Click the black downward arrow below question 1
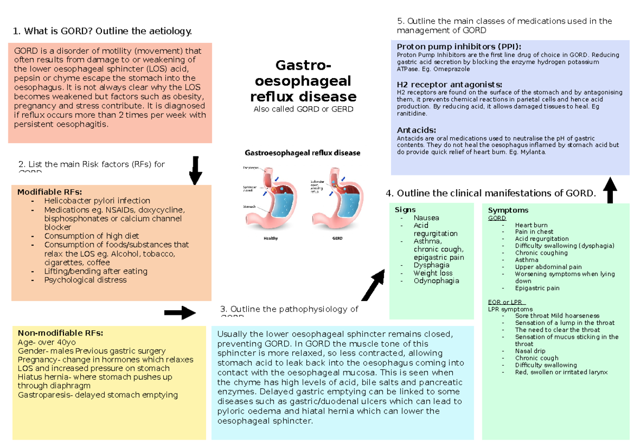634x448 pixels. point(195,170)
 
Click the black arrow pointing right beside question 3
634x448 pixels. point(180,313)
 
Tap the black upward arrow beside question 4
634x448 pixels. point(610,191)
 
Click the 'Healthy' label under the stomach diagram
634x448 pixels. point(270,238)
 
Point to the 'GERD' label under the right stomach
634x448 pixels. point(337,238)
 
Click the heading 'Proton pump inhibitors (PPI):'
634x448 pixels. point(459,46)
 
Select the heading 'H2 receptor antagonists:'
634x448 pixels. point(450,85)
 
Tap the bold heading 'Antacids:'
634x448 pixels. point(416,130)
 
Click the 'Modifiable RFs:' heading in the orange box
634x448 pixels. point(50,192)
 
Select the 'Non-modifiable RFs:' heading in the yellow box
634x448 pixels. point(60,333)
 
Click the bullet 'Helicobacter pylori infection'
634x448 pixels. point(97,201)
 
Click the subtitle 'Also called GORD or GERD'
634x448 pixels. point(303,109)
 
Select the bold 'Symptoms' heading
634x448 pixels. point(508,210)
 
